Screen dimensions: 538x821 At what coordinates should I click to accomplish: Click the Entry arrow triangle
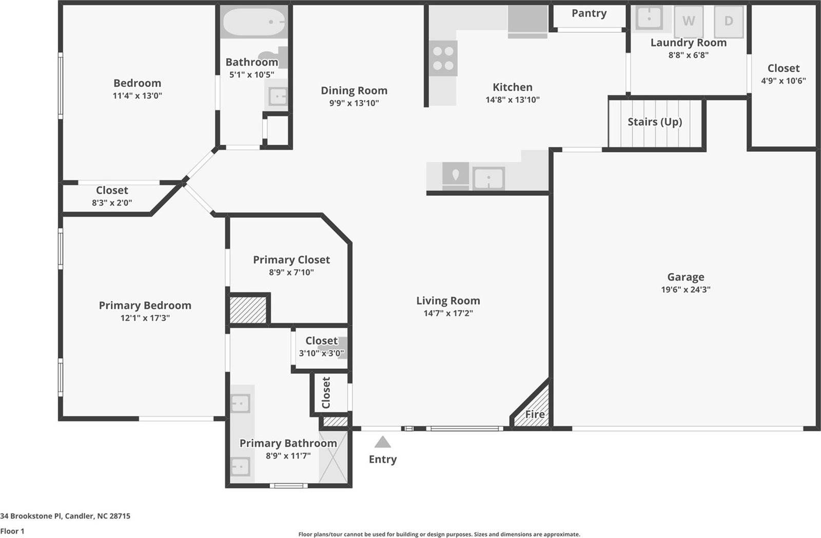coord(382,442)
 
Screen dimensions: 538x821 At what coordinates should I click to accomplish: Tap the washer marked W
coord(688,21)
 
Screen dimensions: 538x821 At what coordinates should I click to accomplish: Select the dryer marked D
coord(728,21)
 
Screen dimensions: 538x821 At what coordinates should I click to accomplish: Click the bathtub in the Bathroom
coord(253,21)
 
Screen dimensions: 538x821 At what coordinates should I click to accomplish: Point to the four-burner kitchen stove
coord(443,58)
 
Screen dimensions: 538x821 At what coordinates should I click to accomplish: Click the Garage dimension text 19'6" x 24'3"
coord(686,289)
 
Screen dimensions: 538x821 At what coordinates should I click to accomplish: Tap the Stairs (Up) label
coord(655,122)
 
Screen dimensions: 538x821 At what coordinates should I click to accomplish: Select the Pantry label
coord(589,13)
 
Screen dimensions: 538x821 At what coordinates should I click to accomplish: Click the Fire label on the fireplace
coord(535,414)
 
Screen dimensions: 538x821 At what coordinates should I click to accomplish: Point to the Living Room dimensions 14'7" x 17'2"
coord(448,313)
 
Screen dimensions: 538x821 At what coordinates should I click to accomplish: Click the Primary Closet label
coord(291,260)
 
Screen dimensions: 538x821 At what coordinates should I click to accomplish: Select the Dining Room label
coord(354,91)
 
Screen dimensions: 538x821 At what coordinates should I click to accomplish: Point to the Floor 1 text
coord(12,531)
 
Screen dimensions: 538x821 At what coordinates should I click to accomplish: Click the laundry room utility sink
coord(649,18)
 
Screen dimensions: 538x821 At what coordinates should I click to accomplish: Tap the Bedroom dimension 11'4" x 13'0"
coord(138,95)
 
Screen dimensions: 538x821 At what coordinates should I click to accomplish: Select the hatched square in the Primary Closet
coord(248,310)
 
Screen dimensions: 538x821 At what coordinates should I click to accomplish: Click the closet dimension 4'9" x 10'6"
coord(783,81)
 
